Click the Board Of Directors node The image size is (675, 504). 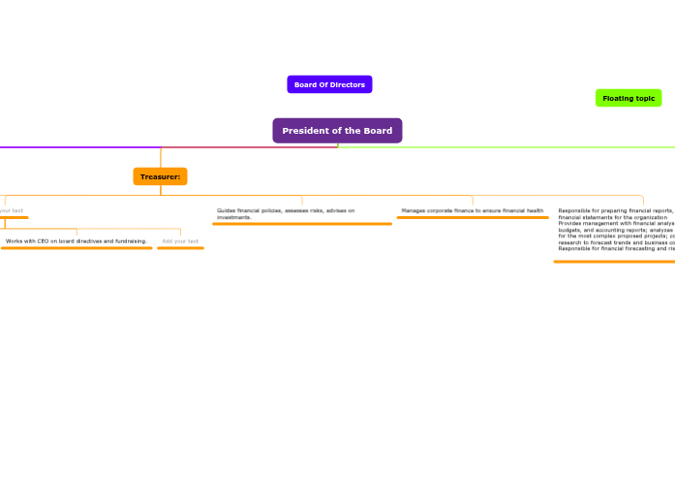(329, 84)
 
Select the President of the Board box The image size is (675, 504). (337, 131)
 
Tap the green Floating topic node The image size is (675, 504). (629, 98)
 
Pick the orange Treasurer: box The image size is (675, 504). (160, 176)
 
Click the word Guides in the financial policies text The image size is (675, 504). (225, 210)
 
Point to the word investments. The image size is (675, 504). (233, 217)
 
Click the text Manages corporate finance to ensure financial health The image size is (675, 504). (472, 210)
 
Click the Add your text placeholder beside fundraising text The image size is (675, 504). (180, 240)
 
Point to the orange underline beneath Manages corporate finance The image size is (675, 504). (472, 218)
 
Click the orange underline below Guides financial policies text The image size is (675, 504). (302, 224)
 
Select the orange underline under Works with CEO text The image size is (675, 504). (77, 248)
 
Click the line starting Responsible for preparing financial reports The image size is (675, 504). (615, 210)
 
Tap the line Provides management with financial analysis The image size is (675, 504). (615, 223)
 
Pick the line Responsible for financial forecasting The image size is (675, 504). (615, 248)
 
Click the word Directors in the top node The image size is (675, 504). (345, 84)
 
